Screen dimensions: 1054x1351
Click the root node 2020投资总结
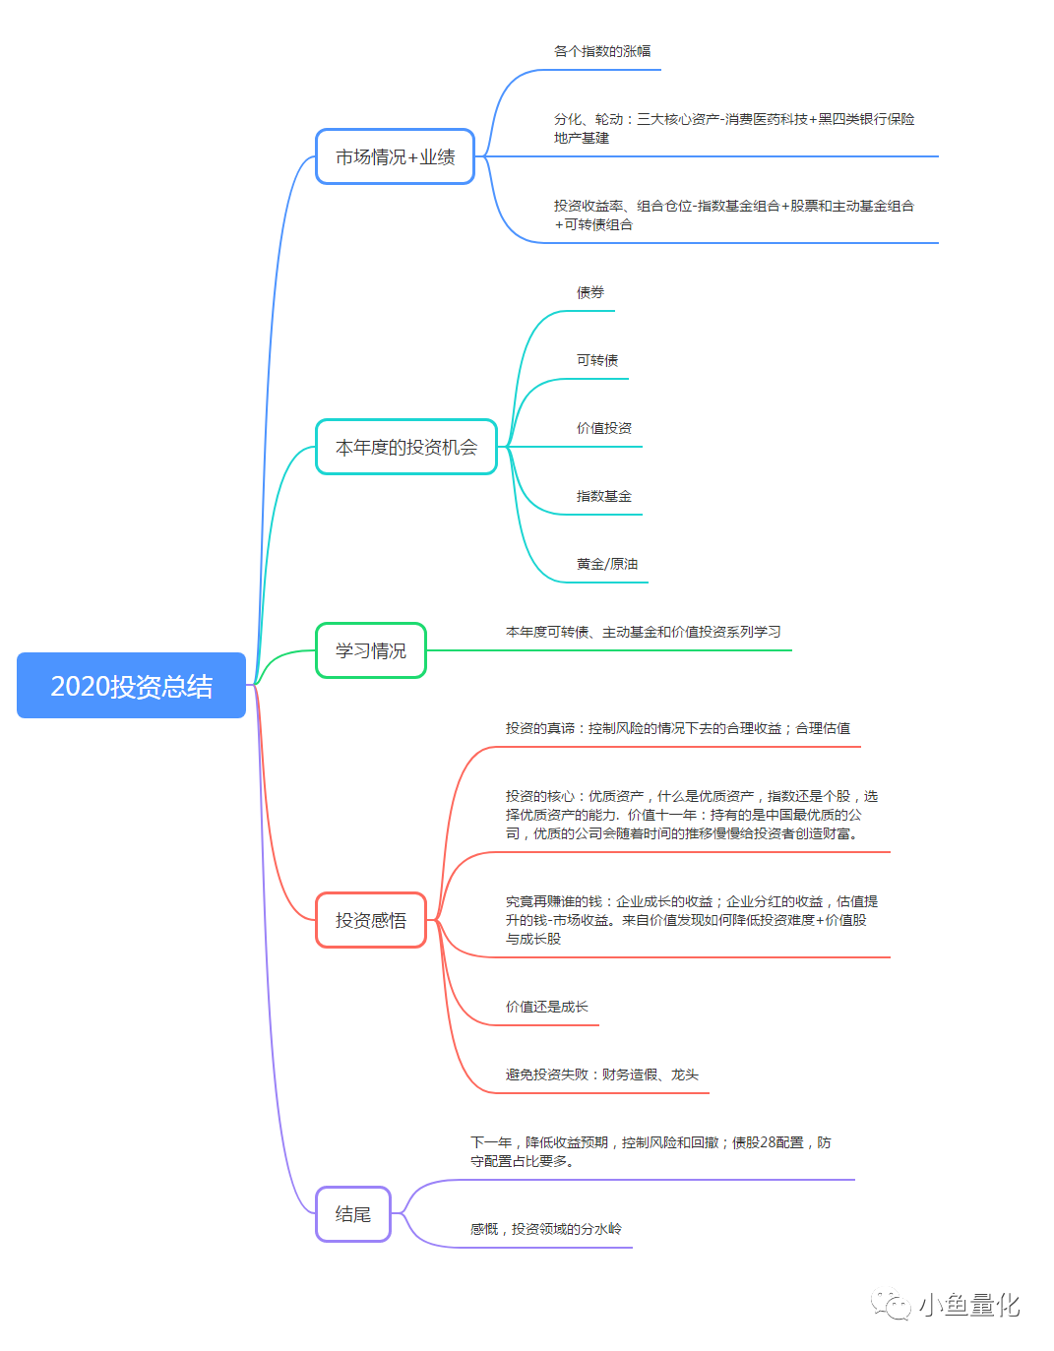(131, 685)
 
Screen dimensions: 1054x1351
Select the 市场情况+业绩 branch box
(395, 156)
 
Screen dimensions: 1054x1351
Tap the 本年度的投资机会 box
(406, 447)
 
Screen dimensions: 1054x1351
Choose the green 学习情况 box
(371, 650)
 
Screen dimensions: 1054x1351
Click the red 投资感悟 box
(371, 920)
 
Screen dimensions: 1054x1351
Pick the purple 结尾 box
(352, 1214)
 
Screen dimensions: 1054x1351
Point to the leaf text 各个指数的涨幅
(602, 51)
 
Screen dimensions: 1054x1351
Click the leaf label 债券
(590, 292)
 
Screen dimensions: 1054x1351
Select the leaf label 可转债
(597, 360)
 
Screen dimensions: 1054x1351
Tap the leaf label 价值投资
(604, 428)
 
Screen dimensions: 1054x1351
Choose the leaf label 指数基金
(604, 496)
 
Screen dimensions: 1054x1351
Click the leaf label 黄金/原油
(607, 564)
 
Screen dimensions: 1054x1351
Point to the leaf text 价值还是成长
(546, 1007)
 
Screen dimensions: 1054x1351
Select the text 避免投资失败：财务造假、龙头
(602, 1075)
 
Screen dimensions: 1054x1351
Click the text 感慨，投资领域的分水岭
(546, 1229)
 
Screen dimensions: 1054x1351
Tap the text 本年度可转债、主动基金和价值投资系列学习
(643, 632)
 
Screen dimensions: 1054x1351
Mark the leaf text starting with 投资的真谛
(678, 728)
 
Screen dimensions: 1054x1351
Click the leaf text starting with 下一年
(651, 1151)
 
